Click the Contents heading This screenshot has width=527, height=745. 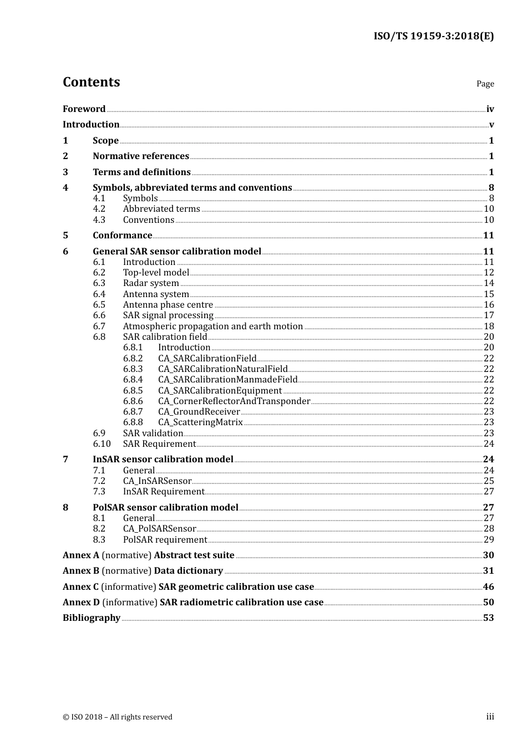(91, 82)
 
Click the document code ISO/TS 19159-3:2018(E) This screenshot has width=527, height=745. (433, 36)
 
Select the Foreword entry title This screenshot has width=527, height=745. (84, 109)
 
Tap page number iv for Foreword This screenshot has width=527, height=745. (490, 109)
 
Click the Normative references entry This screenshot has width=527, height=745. (141, 156)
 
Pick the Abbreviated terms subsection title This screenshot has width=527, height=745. (161, 209)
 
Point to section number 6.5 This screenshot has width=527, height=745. (99, 305)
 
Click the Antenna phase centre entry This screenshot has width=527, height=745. (168, 305)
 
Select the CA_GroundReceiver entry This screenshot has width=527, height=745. (199, 411)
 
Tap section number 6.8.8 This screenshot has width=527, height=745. (133, 422)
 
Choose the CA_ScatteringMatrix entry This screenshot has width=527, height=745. (200, 422)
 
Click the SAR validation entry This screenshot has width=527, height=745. (153, 433)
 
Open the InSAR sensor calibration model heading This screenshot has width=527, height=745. (163, 460)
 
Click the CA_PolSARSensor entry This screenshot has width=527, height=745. (159, 529)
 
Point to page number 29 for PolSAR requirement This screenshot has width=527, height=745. (489, 540)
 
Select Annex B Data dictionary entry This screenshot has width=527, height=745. (143, 571)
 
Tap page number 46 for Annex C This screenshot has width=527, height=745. (489, 587)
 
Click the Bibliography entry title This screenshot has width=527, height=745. (92, 618)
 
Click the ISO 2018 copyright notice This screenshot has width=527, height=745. (118, 717)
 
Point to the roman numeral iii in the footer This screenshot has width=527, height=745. (490, 717)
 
